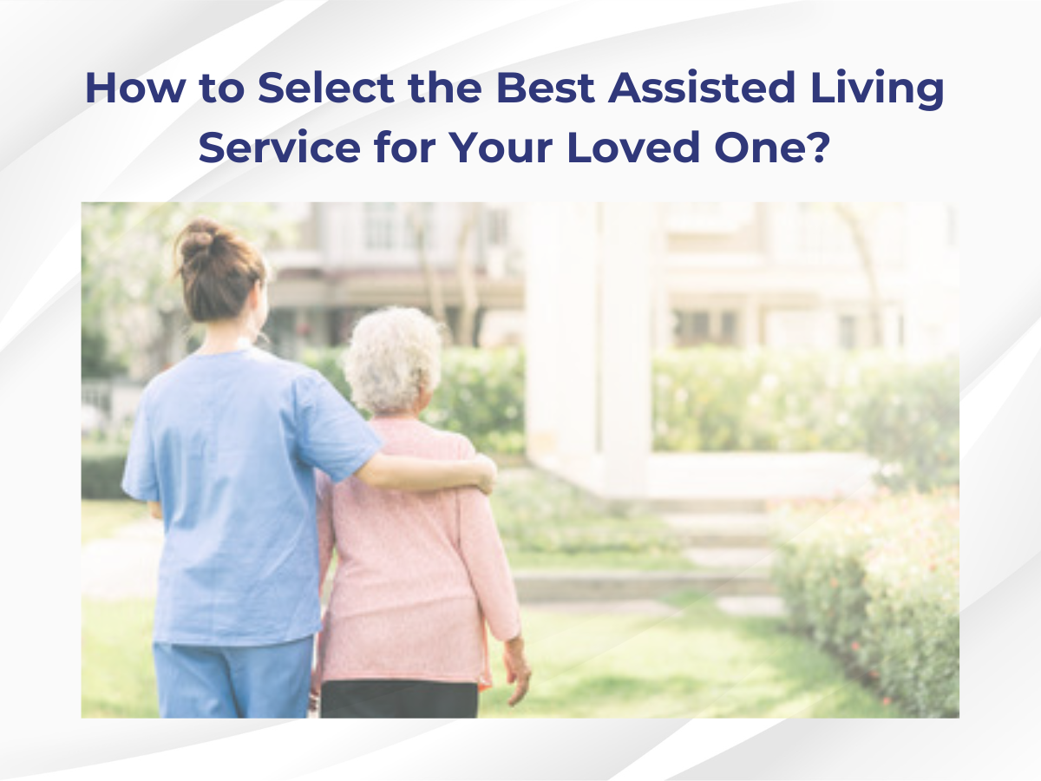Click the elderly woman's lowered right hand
[518, 670]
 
